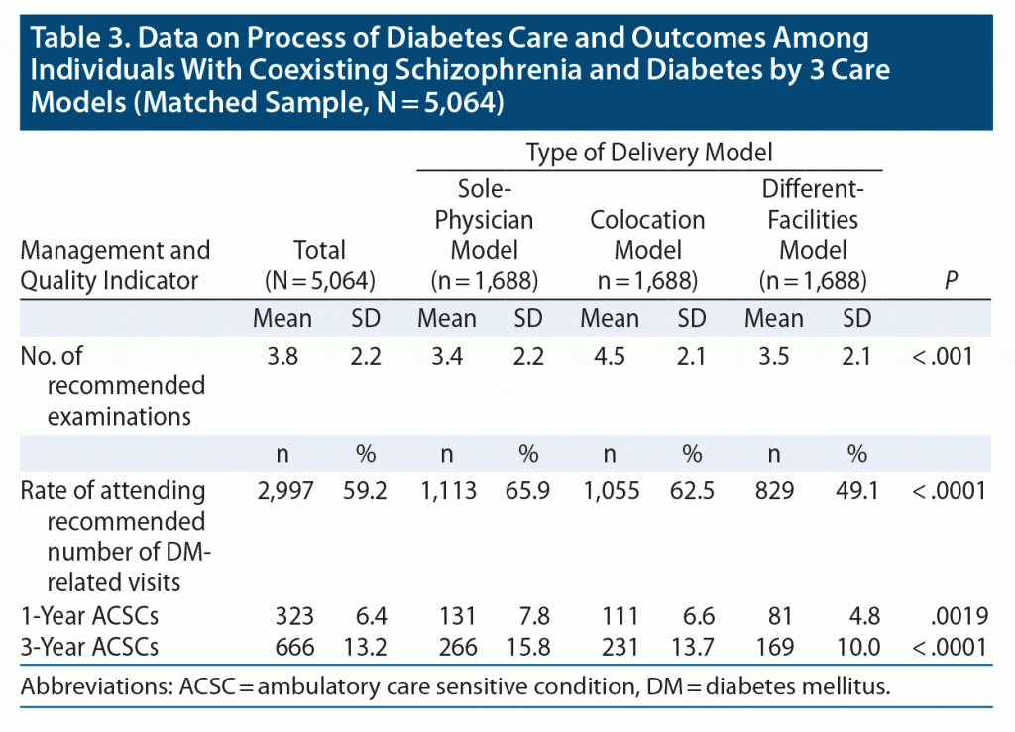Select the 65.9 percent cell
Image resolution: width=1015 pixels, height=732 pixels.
pyautogui.click(x=527, y=490)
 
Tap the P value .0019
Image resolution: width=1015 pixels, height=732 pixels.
pyautogui.click(x=959, y=616)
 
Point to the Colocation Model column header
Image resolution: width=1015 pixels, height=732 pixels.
pyautogui.click(x=647, y=234)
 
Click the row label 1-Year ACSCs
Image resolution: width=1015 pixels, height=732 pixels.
pyautogui.click(x=90, y=616)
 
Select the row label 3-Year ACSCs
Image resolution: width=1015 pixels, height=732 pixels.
pyautogui.click(x=90, y=647)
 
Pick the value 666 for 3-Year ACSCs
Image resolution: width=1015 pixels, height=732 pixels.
pyautogui.click(x=294, y=647)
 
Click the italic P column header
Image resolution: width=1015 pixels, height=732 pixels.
pyautogui.click(x=951, y=280)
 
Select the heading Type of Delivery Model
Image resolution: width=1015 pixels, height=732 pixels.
pyautogui.click(x=648, y=153)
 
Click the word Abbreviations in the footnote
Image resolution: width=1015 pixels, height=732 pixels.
pyautogui.click(x=84, y=686)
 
